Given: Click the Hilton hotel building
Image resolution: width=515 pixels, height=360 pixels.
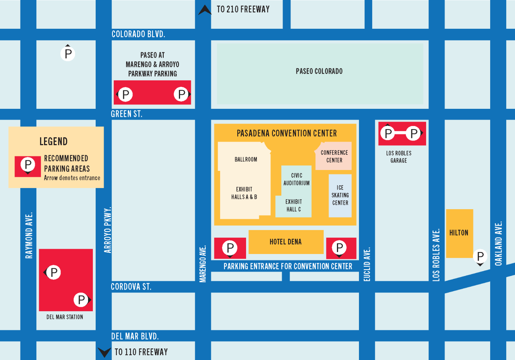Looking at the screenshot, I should pos(459,233).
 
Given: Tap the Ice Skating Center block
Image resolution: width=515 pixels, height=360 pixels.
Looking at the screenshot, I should pos(340,196).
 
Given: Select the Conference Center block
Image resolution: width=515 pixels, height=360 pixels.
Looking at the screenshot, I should pos(334,156).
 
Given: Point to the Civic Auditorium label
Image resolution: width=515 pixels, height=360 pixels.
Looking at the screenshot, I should pos(297,179).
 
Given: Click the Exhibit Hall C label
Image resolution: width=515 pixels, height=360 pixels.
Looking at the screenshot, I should pos(294,205).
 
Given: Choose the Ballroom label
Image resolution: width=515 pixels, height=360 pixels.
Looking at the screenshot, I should pos(246,159).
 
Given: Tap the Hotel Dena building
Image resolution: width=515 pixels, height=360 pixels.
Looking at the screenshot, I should pos(286,242).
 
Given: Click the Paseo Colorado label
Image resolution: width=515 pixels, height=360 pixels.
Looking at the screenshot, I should pos(319,72).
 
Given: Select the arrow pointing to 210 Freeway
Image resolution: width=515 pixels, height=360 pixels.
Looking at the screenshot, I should pos(205,10).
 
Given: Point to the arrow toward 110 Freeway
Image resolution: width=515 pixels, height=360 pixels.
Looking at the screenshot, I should pos(104,352).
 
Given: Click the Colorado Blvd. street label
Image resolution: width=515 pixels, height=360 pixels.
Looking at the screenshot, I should pos(138,34).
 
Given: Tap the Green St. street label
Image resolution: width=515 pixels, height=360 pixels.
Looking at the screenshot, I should pos(126,114).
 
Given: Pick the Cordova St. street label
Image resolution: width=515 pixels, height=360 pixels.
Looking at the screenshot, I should pos(131,287).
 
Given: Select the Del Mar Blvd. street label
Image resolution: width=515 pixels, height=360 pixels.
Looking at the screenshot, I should pos(135,336).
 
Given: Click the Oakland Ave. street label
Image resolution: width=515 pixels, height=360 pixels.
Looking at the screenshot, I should pos(498,244).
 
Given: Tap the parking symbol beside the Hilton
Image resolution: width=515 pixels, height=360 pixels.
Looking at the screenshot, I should pos(480,256).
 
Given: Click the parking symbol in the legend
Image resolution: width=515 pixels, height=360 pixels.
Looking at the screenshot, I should pos(28,164).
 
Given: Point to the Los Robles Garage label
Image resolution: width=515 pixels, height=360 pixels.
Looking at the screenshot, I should pos(399,157).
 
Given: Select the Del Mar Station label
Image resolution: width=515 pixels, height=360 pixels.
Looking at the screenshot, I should pos(65,317).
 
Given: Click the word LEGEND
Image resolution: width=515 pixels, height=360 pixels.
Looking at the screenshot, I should pos(53,142).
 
